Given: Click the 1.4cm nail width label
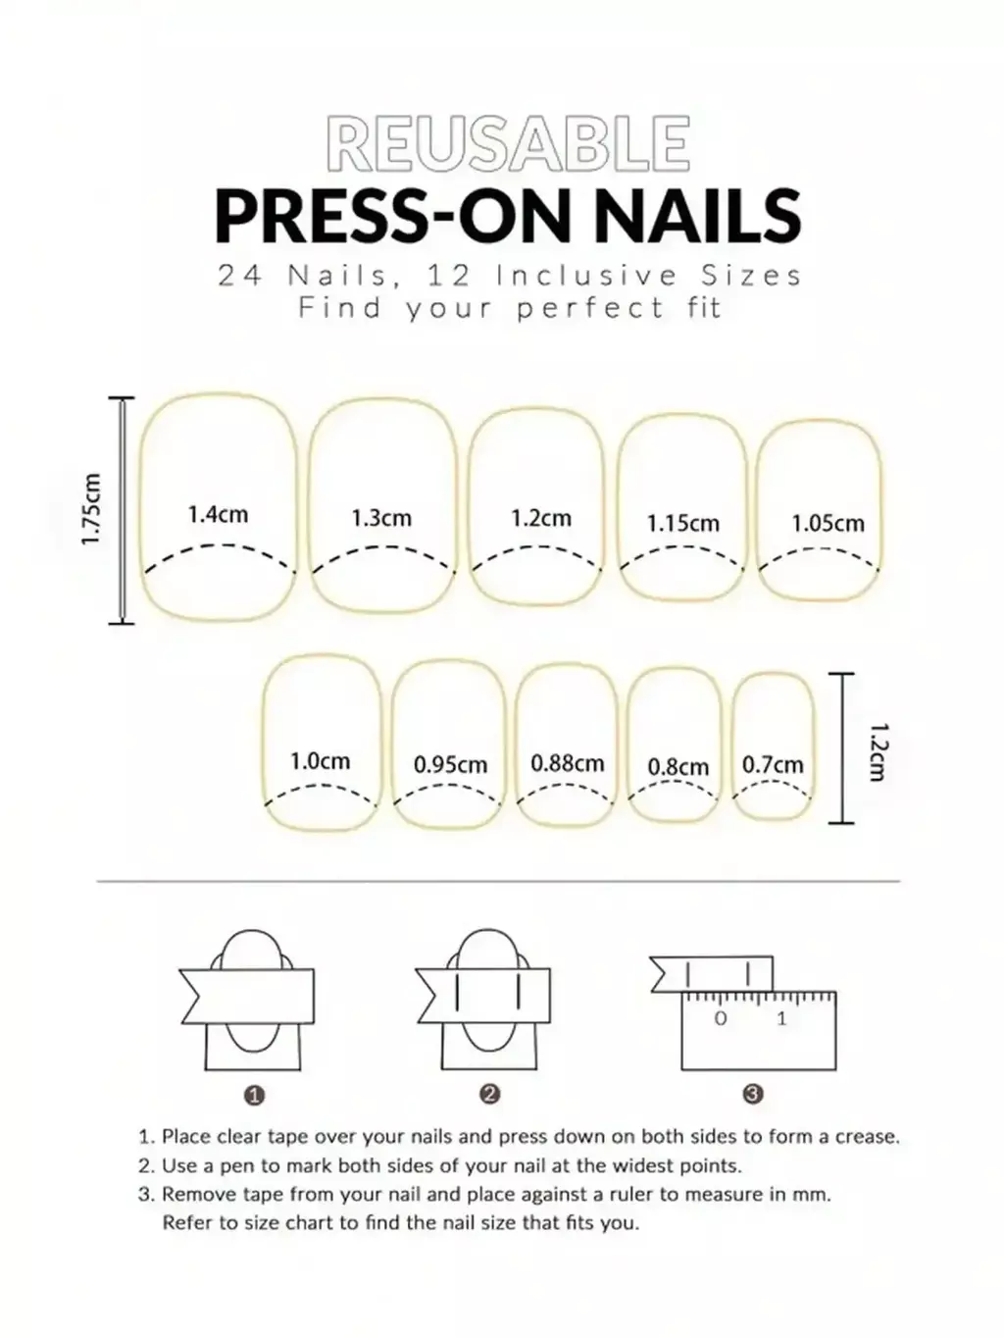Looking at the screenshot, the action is pyautogui.click(x=218, y=514).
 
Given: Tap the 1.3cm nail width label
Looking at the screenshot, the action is pyautogui.click(x=381, y=518).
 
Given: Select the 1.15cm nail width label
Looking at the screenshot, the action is pyautogui.click(x=683, y=523).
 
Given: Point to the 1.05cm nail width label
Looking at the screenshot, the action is pyautogui.click(x=828, y=523).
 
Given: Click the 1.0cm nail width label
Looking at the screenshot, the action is pyautogui.click(x=320, y=761).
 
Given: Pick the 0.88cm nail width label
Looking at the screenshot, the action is pyautogui.click(x=568, y=763).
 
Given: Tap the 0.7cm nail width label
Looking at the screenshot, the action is pyautogui.click(x=774, y=764).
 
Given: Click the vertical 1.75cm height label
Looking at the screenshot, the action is pyautogui.click(x=91, y=509).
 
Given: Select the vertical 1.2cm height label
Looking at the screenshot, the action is pyautogui.click(x=877, y=752).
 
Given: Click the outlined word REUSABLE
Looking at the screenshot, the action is pyautogui.click(x=509, y=143).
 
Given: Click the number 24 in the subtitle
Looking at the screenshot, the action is pyautogui.click(x=240, y=276).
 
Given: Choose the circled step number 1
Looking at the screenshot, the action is pyautogui.click(x=254, y=1097).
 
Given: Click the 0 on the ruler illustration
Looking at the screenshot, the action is pyautogui.click(x=721, y=1018).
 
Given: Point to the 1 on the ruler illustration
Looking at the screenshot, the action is pyautogui.click(x=782, y=1018).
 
